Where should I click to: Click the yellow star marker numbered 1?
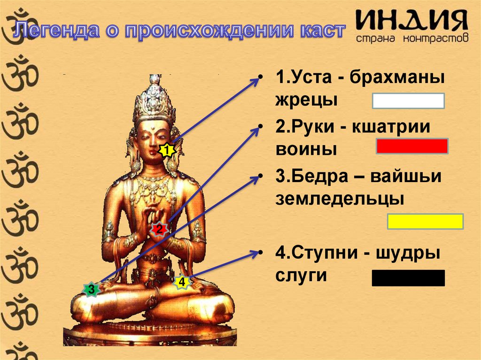166,151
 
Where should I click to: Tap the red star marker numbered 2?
159,230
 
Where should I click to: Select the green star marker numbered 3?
91,289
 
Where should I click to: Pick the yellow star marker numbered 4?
182,283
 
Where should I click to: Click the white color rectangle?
408,101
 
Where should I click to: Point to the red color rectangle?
411,146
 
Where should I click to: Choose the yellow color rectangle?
425,221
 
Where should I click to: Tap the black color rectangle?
408,278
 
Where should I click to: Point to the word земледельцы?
340,199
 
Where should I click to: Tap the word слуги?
301,275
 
